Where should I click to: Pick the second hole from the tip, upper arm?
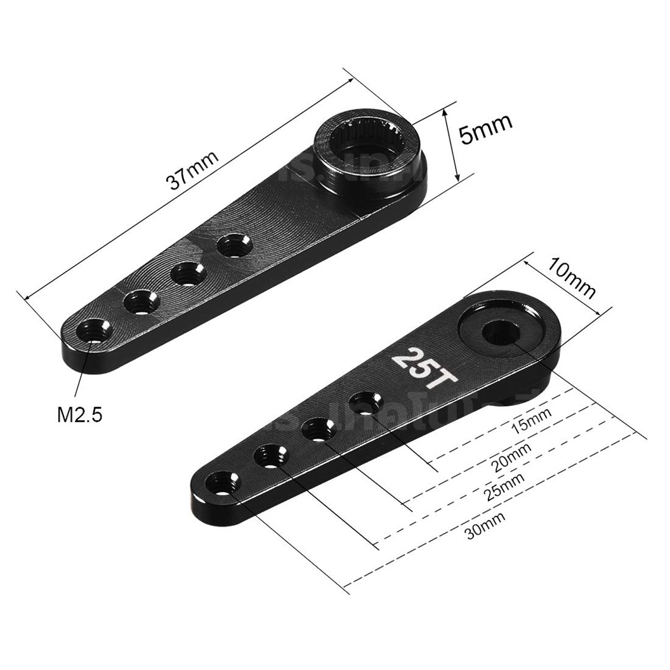click(x=140, y=301)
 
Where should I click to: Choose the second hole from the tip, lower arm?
click(x=272, y=456)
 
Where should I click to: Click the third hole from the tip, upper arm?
click(x=188, y=273)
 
